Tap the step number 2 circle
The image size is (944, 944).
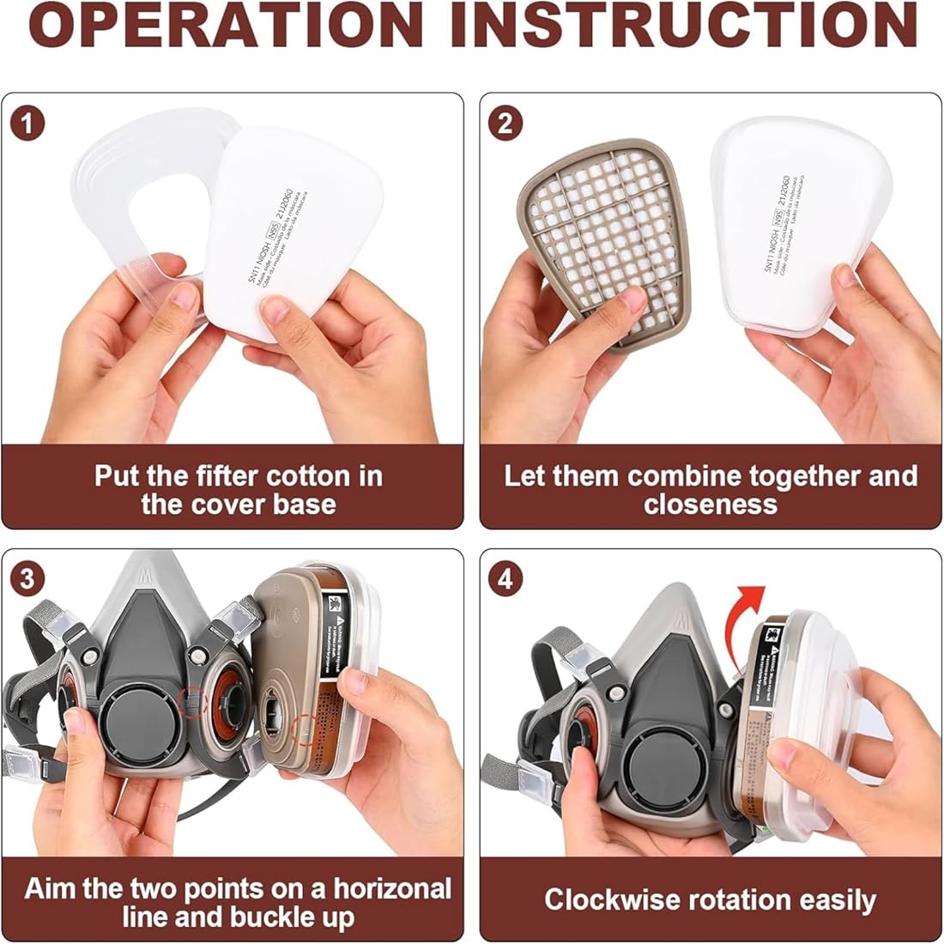(505, 123)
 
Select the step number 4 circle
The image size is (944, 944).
(505, 578)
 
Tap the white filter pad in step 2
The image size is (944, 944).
(798, 206)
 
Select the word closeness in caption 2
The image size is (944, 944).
(711, 504)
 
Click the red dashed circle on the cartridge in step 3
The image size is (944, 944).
(304, 731)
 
